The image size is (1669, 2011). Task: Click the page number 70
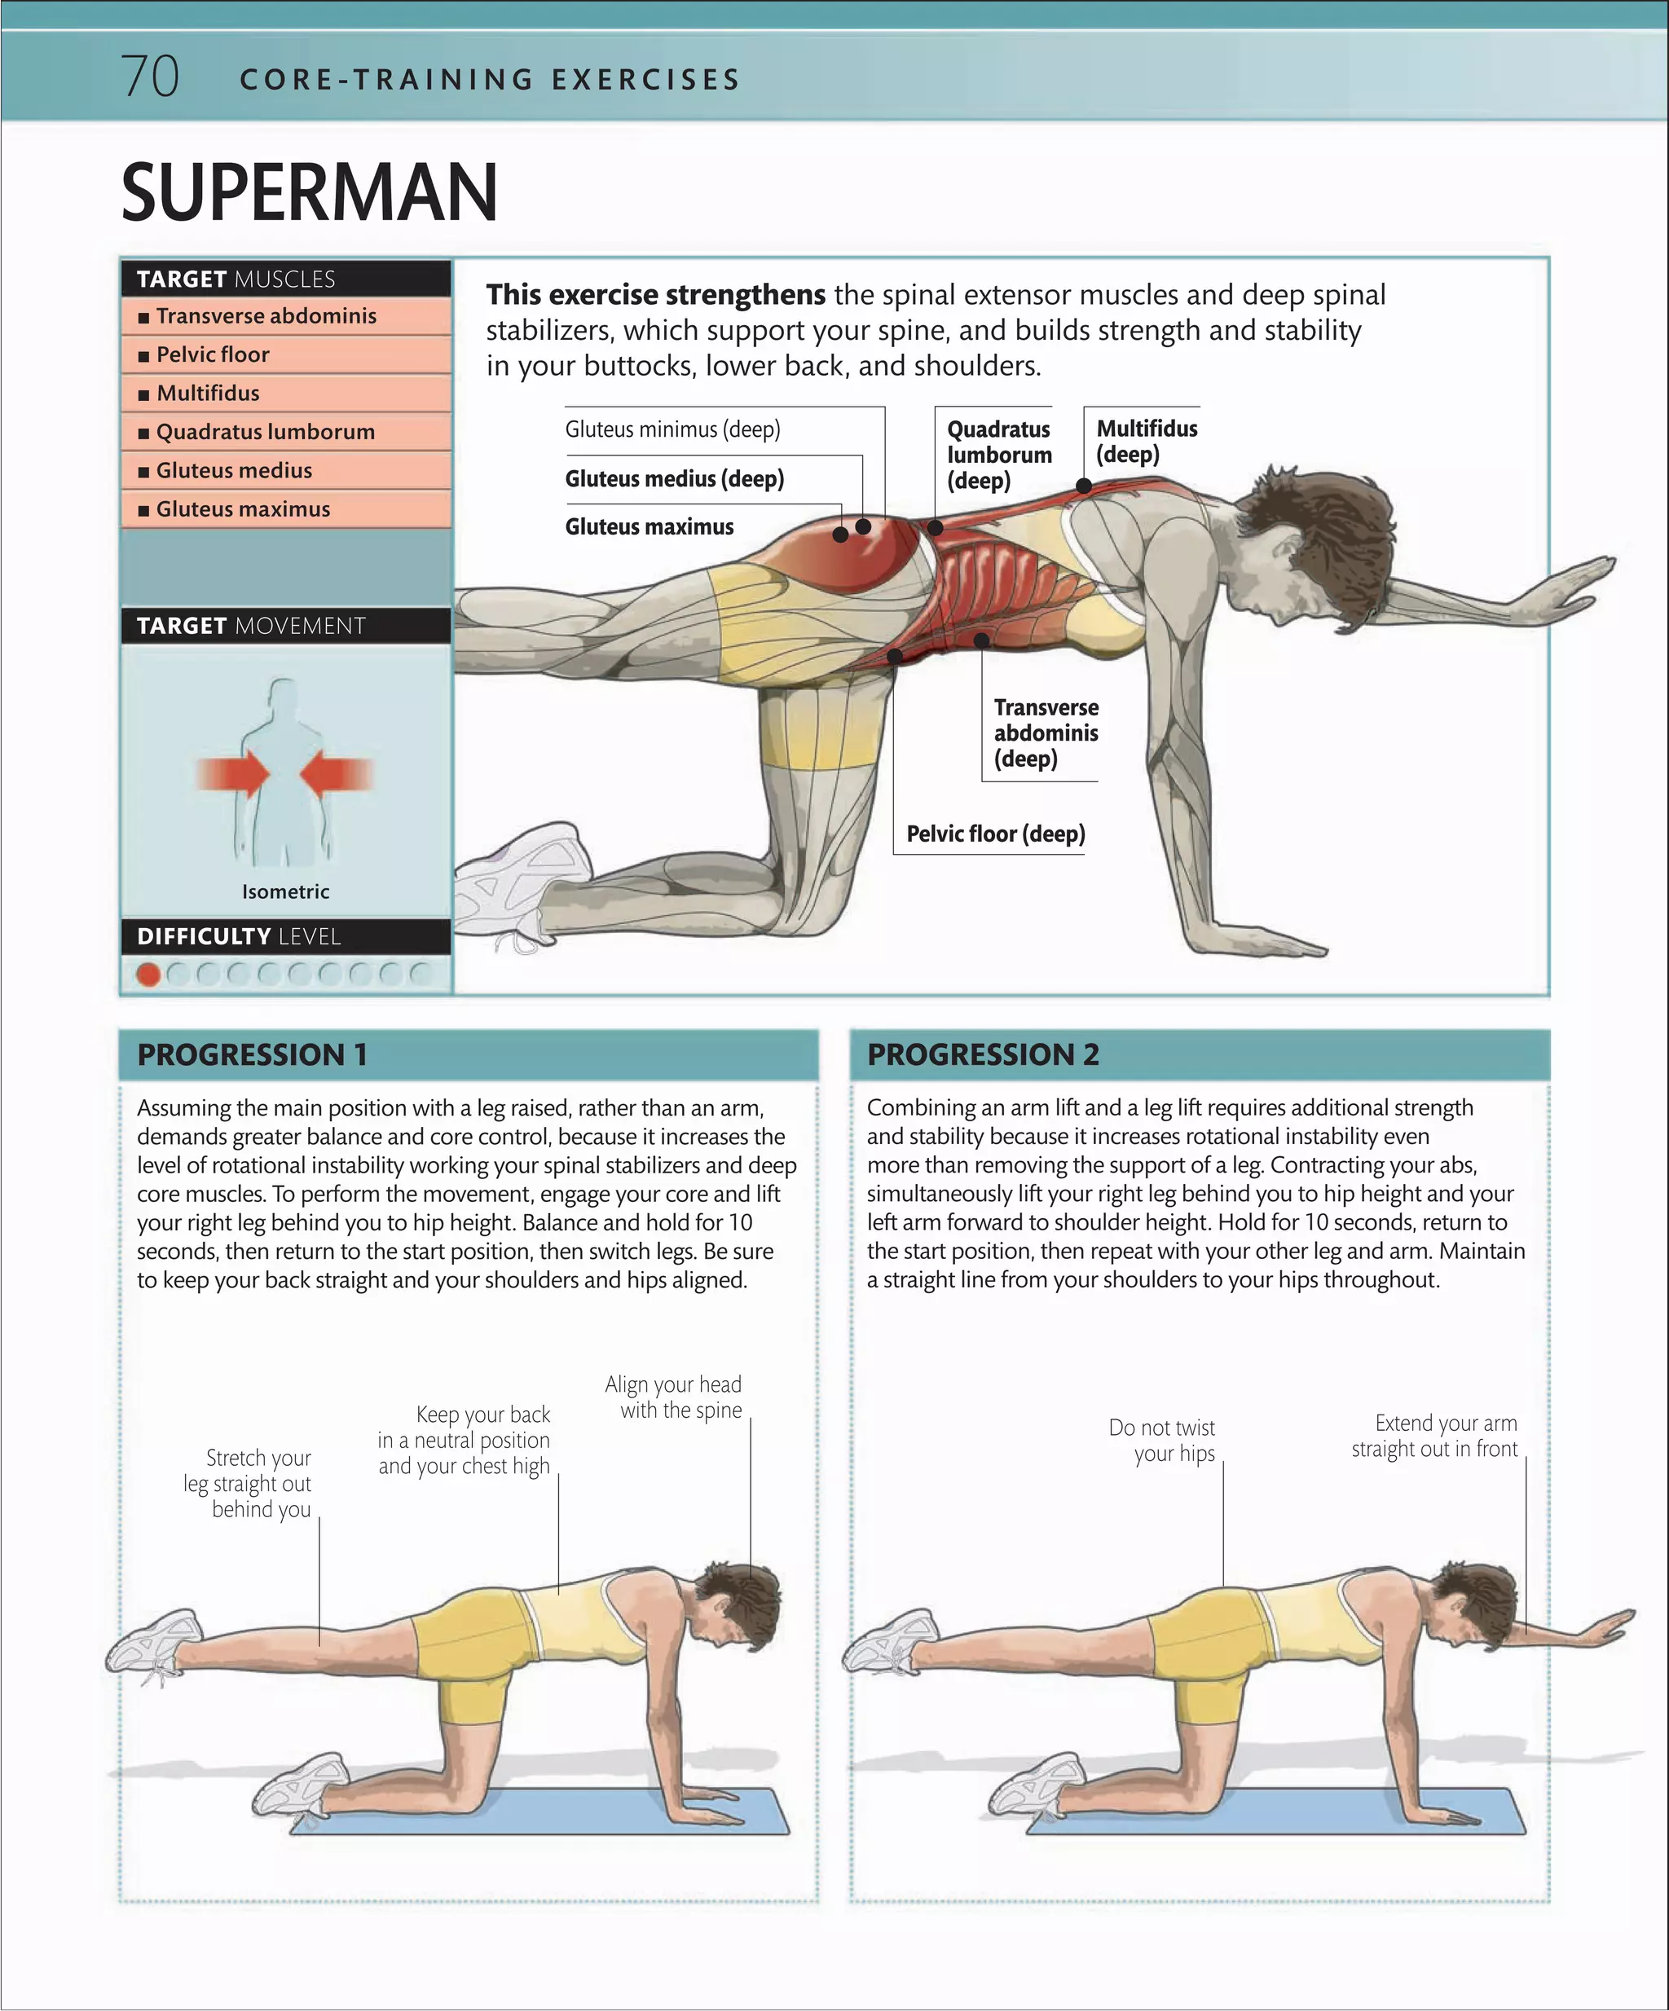tap(150, 77)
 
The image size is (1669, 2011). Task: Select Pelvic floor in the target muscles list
tap(213, 355)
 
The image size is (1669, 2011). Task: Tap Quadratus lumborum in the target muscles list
tap(265, 432)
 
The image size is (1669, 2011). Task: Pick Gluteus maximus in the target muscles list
tap(243, 509)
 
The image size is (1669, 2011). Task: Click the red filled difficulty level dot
tap(148, 974)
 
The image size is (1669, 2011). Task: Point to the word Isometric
tap(285, 891)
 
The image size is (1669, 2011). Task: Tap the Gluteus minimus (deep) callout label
tap(672, 429)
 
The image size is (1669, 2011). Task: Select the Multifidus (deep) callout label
tap(1146, 442)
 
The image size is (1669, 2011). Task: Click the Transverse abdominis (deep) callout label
tap(1046, 733)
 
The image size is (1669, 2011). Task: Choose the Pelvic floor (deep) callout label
tap(996, 834)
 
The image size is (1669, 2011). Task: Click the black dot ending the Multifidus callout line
tap(1084, 486)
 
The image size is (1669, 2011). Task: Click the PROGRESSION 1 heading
tap(252, 1054)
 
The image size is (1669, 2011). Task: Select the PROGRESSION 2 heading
tap(983, 1054)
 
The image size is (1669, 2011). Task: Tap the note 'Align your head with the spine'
tap(674, 1397)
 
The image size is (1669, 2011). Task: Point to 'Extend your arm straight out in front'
tap(1434, 1436)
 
